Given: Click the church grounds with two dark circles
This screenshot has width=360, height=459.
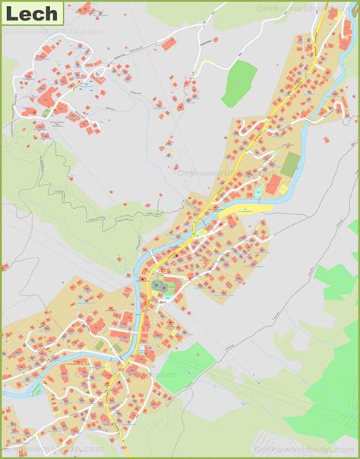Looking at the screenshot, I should [x=160, y=286].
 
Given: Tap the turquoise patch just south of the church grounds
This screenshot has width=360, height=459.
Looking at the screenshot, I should [x=160, y=301].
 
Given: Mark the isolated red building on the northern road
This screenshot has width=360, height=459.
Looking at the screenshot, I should [x=169, y=44].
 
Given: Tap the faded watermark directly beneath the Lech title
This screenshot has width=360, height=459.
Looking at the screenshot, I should [x=53, y=33].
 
